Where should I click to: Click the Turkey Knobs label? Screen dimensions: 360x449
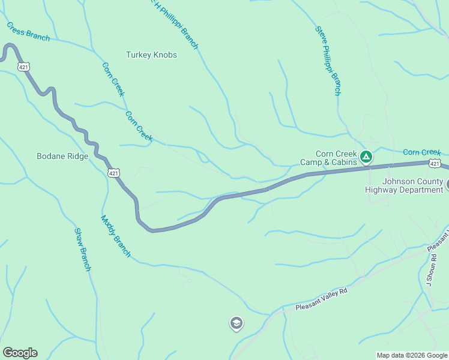click(151, 55)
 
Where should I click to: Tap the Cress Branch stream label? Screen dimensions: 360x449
click(28, 32)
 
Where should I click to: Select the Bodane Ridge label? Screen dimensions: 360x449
click(62, 157)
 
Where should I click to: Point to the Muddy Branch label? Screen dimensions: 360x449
click(115, 236)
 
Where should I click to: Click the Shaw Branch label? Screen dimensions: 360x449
click(82, 249)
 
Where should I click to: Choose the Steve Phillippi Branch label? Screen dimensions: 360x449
click(328, 61)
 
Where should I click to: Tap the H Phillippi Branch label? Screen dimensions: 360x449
click(175, 24)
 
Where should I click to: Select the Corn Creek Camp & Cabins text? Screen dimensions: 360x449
click(328, 158)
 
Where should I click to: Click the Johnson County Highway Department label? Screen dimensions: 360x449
click(404, 185)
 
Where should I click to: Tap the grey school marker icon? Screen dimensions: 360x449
click(237, 324)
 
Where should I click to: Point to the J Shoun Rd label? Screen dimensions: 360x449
click(429, 272)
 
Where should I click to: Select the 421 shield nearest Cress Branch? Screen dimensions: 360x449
click(23, 67)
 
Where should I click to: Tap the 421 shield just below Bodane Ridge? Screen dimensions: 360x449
click(113, 173)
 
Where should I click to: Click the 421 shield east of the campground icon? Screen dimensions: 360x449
click(435, 163)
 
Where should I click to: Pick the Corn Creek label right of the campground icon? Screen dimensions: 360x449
click(422, 152)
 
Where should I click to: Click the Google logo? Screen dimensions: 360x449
click(20, 353)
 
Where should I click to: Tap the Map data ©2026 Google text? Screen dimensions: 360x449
click(411, 355)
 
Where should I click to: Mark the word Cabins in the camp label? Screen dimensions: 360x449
click(344, 162)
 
